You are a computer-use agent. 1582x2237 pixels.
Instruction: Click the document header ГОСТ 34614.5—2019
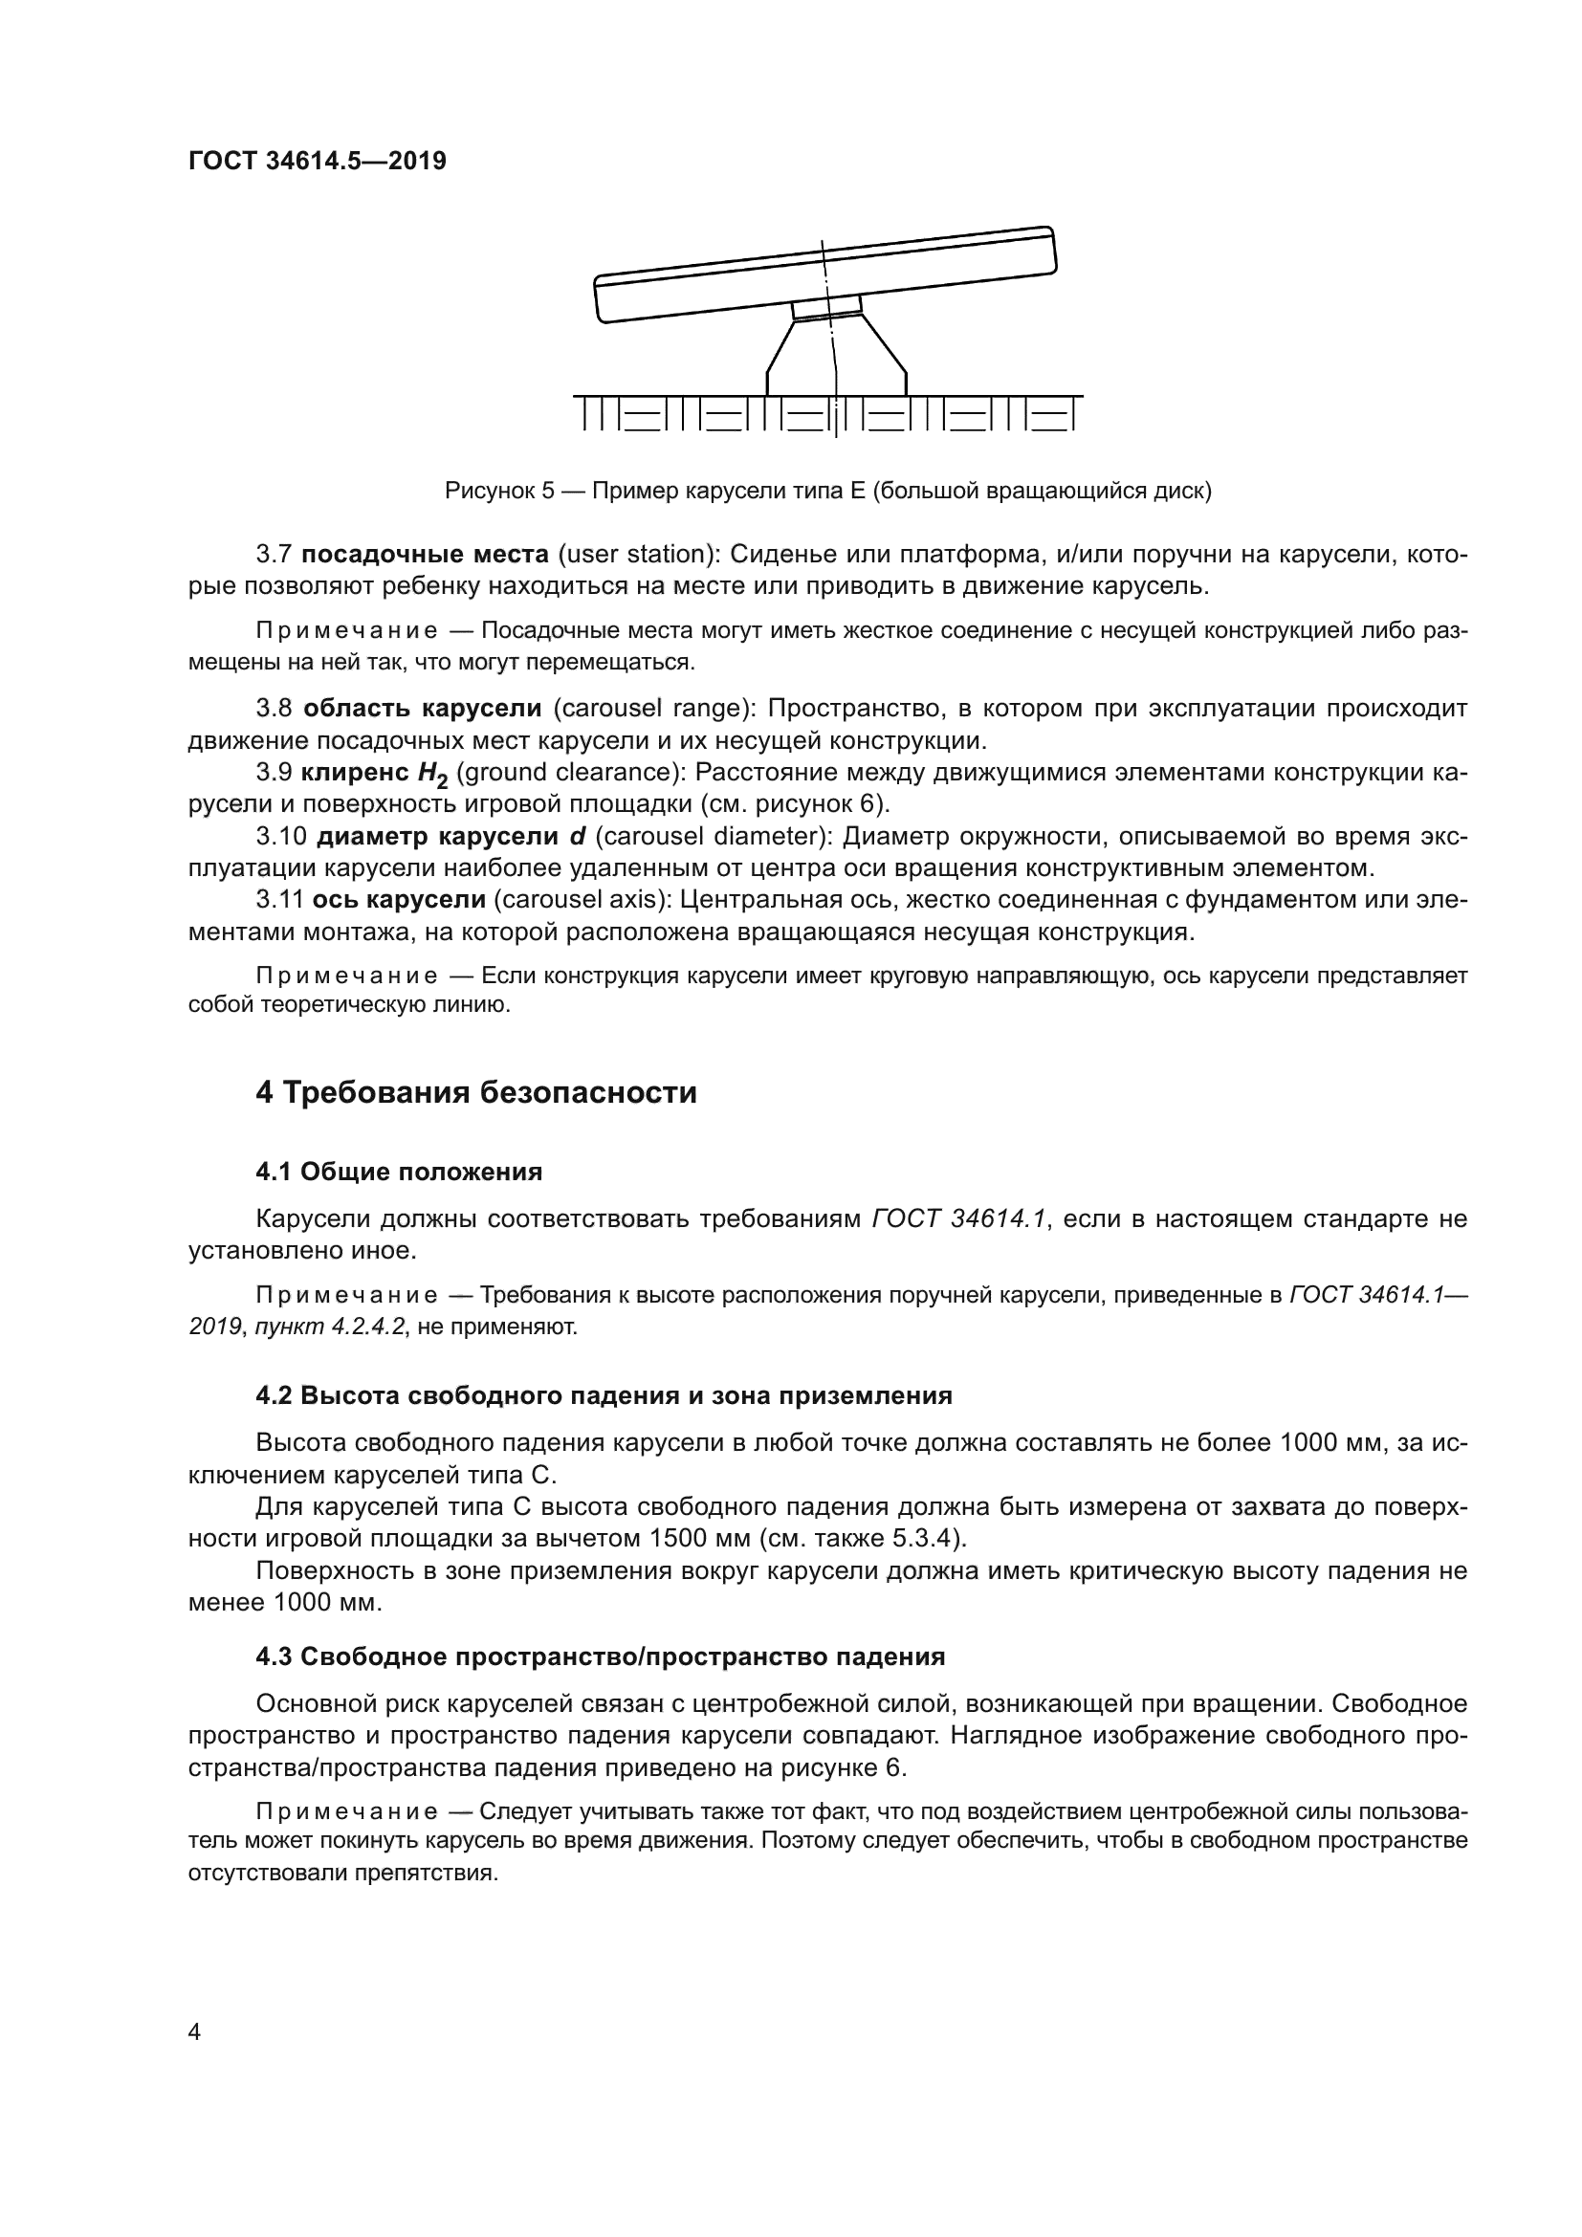317,161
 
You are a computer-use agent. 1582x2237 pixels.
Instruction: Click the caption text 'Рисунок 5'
498,491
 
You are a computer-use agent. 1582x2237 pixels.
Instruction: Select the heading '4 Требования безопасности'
476,1093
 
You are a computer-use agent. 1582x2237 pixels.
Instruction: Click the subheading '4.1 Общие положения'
399,1172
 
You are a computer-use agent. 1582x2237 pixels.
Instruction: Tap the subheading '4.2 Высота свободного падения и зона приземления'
603,1395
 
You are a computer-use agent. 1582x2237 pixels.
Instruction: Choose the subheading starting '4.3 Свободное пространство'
600,1656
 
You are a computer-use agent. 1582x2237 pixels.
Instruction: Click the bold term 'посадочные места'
425,555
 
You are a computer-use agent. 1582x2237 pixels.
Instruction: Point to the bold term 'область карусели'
422,709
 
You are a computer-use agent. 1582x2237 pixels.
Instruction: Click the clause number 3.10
281,836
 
